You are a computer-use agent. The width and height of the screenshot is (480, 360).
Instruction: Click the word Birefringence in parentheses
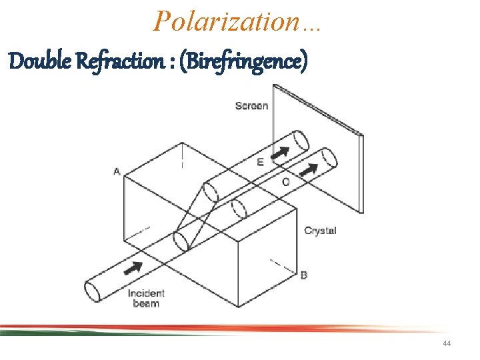coord(248,63)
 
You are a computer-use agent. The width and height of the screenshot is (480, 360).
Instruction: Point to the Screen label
coord(251,105)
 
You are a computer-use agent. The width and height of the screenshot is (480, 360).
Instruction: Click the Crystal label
coord(320,231)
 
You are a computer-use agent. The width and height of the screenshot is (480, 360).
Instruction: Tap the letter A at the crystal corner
coord(117,171)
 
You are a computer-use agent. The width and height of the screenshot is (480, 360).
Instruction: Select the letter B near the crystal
coord(304,274)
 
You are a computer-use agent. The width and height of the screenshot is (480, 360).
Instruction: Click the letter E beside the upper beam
coord(259,161)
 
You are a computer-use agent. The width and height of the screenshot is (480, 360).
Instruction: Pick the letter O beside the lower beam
coord(285,181)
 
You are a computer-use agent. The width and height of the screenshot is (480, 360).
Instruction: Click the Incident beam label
coord(146,298)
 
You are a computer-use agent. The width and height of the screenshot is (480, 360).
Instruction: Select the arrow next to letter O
coord(307,171)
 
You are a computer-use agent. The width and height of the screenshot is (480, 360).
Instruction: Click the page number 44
coord(446,343)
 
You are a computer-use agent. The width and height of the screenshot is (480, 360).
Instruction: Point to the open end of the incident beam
coord(93,291)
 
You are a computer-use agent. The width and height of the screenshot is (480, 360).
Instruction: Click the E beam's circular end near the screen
coord(301,142)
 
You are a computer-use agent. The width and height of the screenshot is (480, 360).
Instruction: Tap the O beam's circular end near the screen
coord(328,159)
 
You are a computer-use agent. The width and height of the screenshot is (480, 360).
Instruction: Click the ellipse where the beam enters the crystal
coord(180,241)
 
